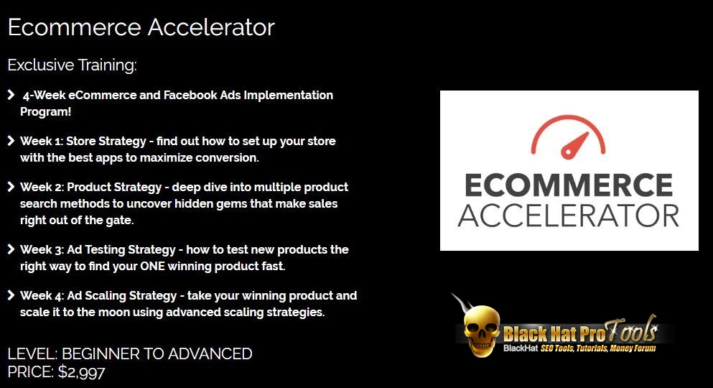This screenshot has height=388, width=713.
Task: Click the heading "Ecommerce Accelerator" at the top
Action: (141, 27)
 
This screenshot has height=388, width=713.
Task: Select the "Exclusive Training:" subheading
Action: (72, 65)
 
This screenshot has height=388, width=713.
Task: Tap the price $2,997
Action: (81, 372)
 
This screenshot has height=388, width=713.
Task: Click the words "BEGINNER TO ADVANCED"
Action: (157, 354)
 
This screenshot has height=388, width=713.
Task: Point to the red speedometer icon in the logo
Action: (568, 137)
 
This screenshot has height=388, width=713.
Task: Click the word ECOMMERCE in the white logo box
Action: (569, 185)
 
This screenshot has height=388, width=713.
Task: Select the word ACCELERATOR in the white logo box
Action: (569, 216)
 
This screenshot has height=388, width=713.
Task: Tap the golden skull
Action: (482, 331)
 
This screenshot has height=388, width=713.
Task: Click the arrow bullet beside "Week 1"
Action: (11, 141)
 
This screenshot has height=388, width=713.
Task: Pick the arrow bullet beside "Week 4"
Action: (11, 295)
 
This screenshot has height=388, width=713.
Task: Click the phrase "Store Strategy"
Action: (106, 141)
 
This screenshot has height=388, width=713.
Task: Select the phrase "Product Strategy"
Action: (114, 187)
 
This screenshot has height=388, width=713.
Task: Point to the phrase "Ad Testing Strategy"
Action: (121, 249)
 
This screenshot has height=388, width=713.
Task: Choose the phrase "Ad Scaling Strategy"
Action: (122, 295)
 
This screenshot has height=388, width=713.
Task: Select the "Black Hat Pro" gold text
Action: (554, 334)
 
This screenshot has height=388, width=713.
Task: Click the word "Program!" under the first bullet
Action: (45, 112)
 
